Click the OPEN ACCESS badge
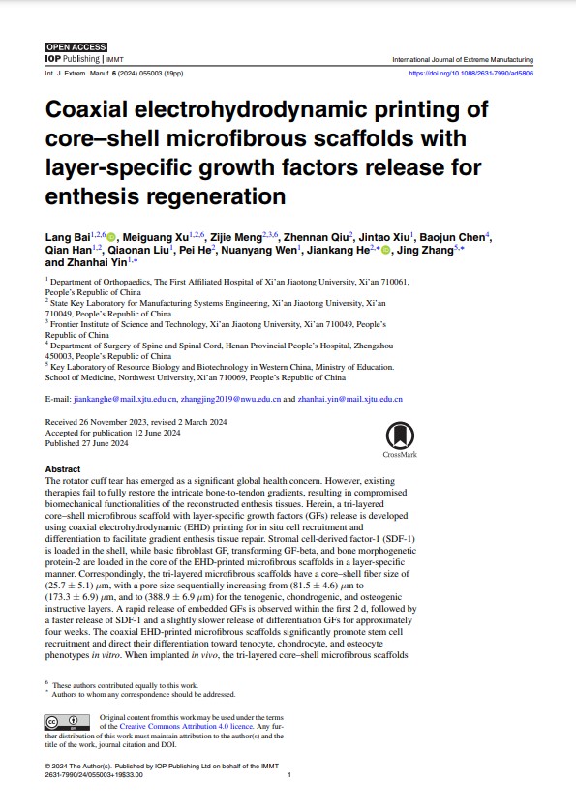point(76,47)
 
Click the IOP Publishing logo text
point(68,59)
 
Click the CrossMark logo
point(399,438)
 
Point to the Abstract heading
point(64,468)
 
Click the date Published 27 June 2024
point(87,443)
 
